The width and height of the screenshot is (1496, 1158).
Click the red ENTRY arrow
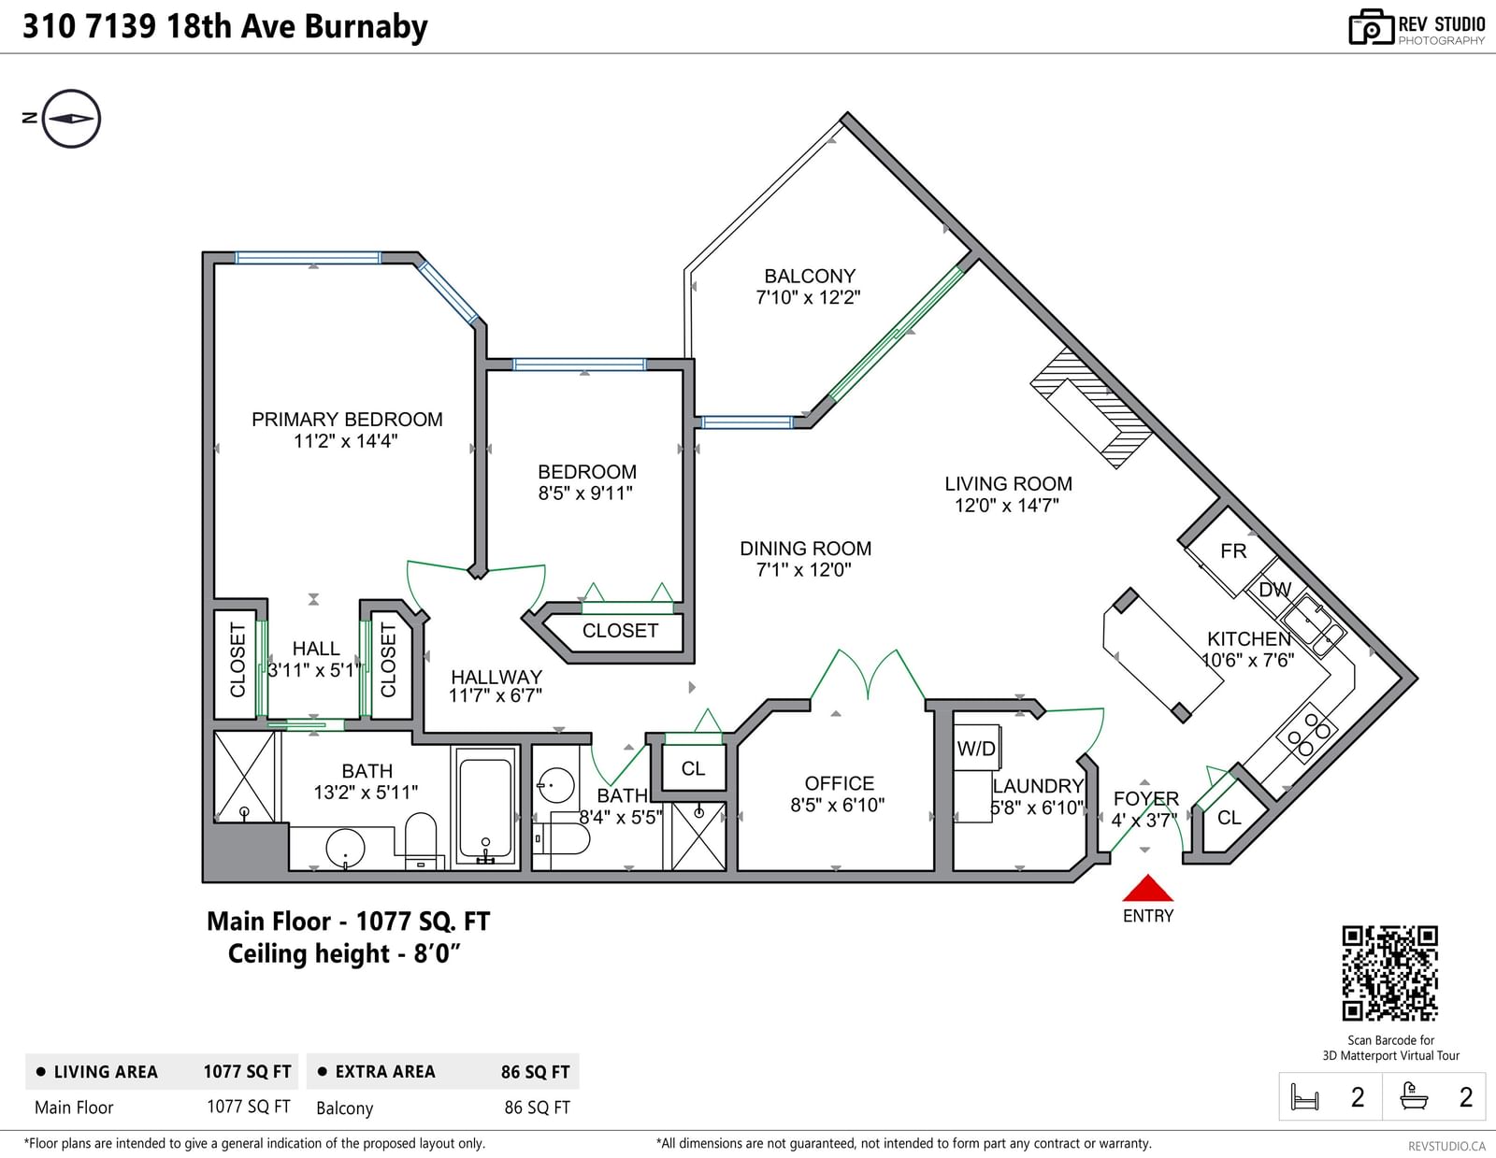(x=1147, y=888)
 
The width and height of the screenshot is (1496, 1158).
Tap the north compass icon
(x=71, y=119)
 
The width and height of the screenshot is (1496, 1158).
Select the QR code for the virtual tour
(x=1390, y=973)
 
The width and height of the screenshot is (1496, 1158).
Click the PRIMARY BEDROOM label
(x=347, y=419)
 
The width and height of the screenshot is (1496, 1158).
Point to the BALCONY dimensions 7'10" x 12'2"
(x=808, y=297)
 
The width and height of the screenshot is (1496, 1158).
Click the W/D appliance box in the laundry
(x=977, y=748)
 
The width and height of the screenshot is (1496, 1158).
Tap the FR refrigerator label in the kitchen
(x=1233, y=551)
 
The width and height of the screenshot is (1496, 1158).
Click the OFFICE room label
(x=840, y=783)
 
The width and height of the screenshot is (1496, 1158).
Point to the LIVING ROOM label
(x=1009, y=484)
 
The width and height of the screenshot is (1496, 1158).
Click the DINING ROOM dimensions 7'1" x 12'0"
(x=804, y=570)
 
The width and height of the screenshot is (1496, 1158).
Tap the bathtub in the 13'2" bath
(x=485, y=808)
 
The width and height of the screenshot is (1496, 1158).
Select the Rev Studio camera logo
(x=1371, y=27)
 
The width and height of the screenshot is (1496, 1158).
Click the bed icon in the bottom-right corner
(x=1304, y=1096)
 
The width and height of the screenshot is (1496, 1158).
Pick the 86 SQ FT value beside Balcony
(x=537, y=1108)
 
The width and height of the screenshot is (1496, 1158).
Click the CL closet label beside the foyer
(x=1229, y=818)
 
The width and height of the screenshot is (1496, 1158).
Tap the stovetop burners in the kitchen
(x=1308, y=734)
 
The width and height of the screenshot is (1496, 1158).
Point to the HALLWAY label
(x=496, y=677)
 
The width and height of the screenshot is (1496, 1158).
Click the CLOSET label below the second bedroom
(x=620, y=630)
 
